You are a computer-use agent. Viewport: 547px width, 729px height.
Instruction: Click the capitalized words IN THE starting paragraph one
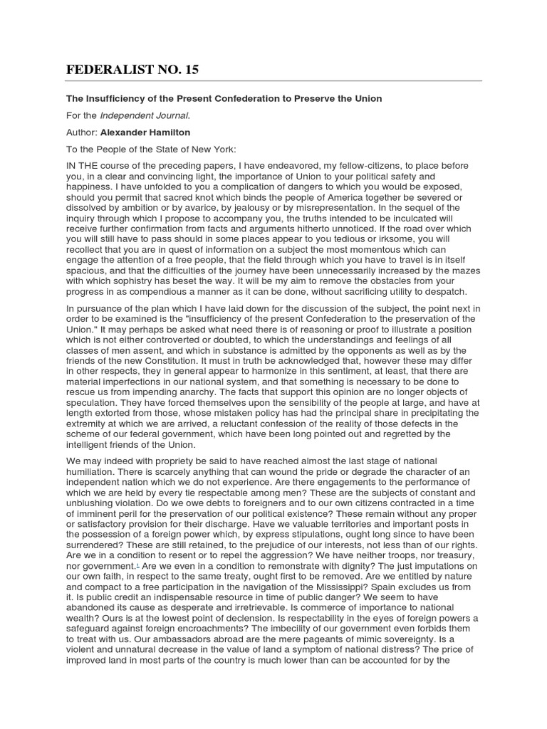80,165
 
